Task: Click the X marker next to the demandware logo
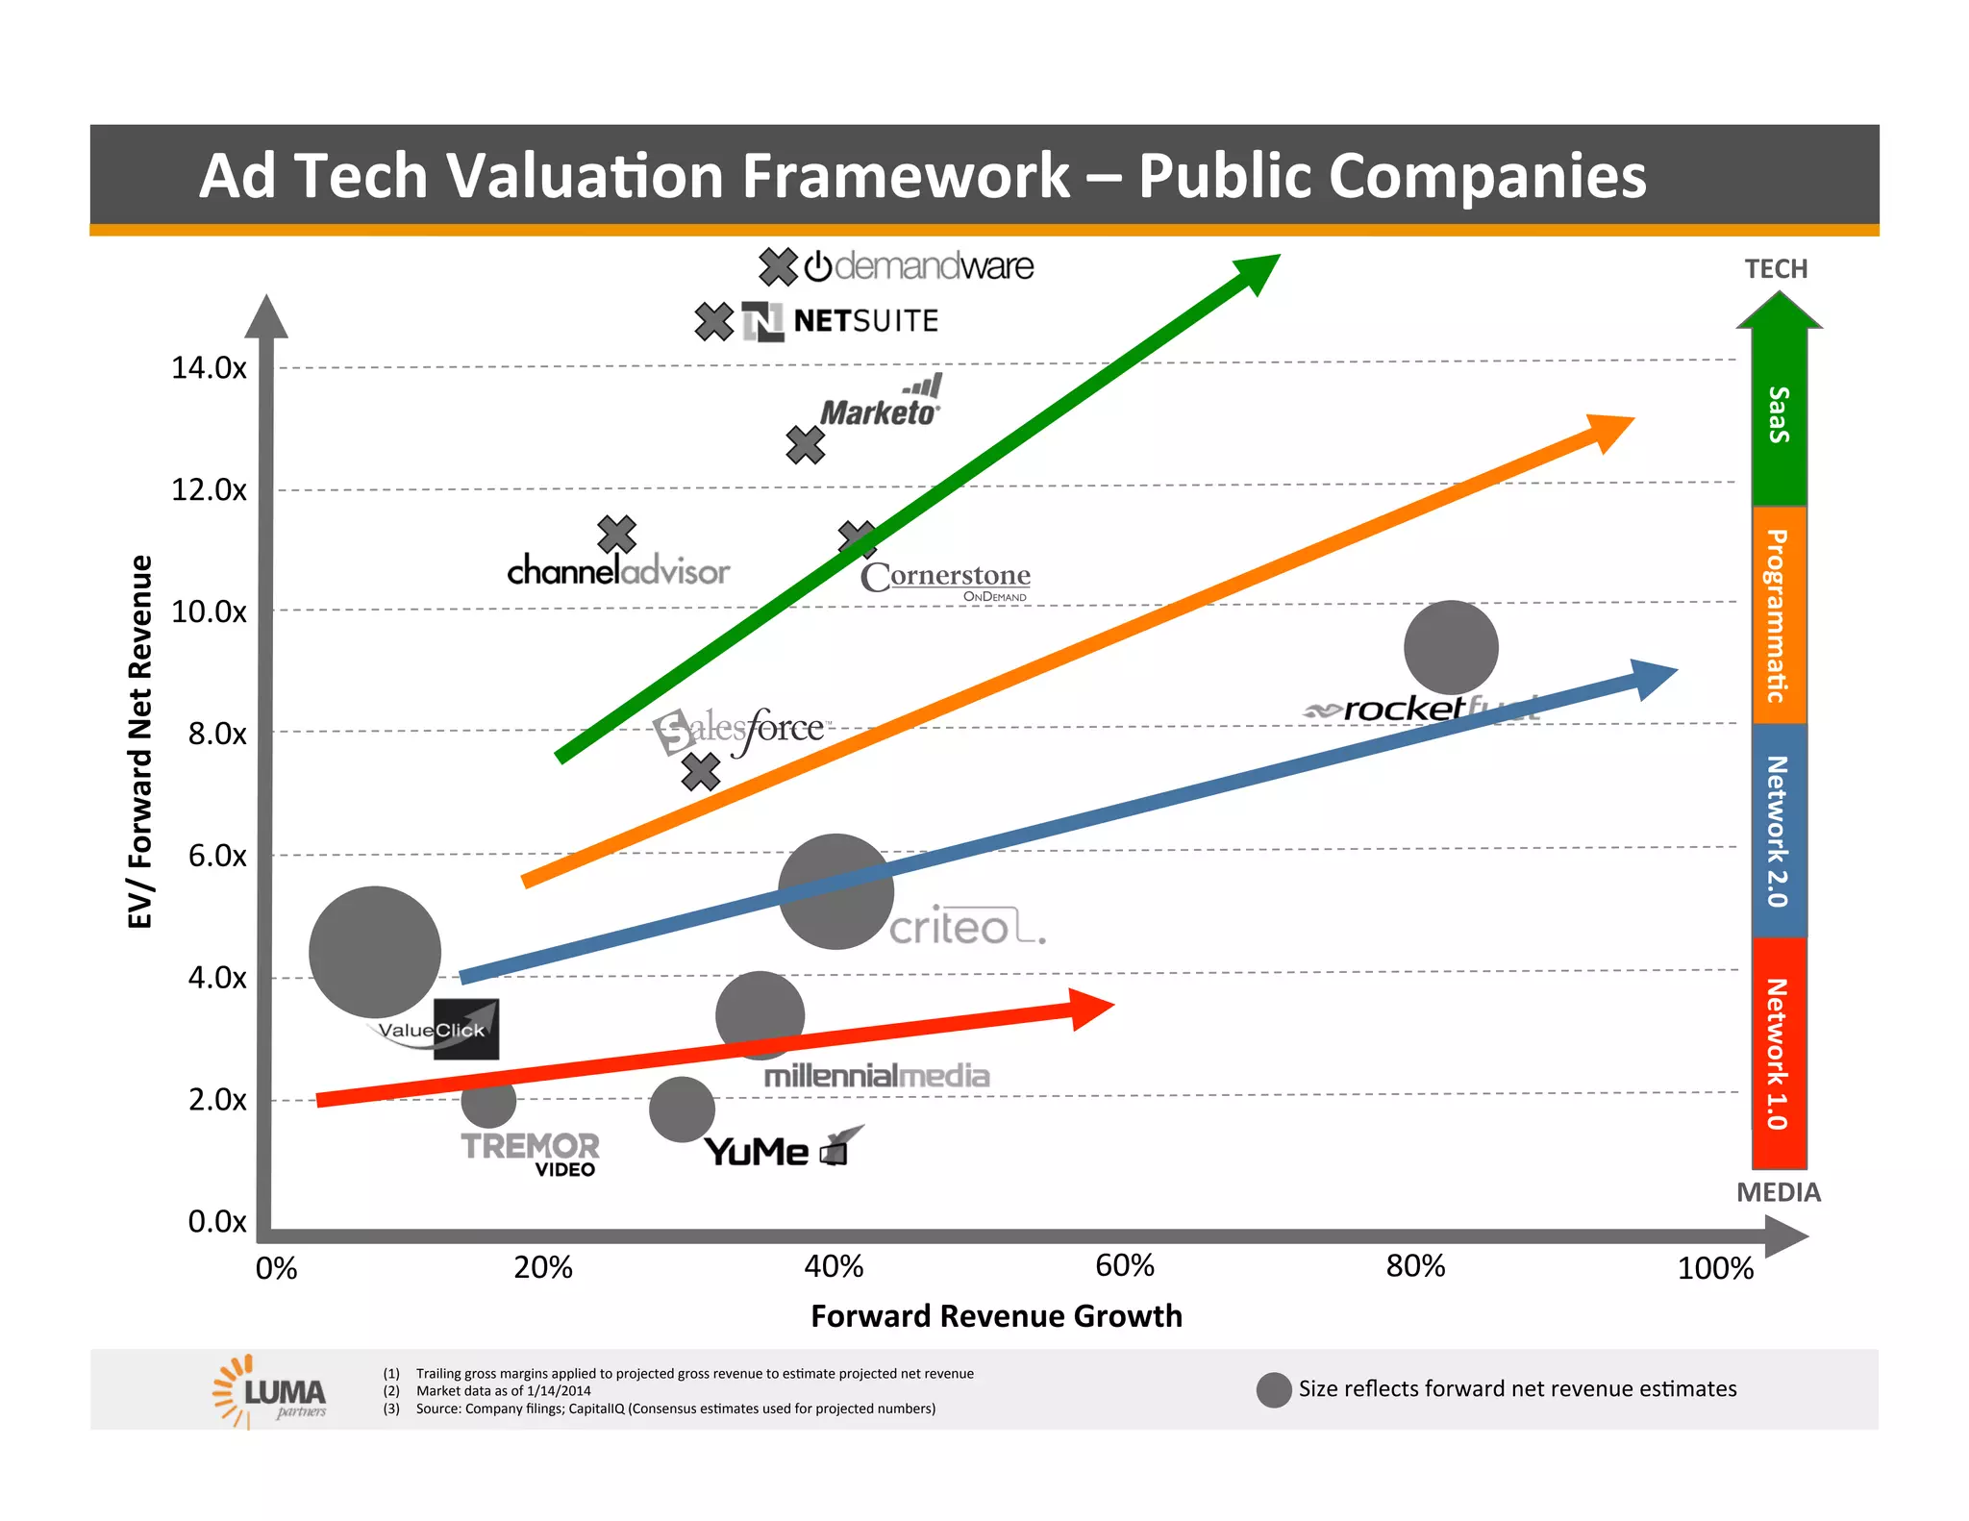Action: [x=778, y=266]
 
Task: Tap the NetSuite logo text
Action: [x=864, y=321]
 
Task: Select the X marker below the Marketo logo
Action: [x=805, y=445]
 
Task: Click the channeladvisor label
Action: [x=618, y=572]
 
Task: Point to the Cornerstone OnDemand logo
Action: [x=946, y=579]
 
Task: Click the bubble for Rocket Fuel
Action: [x=1450, y=647]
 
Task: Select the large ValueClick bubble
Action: [x=374, y=952]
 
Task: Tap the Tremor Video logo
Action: [x=530, y=1153]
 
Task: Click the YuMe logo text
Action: [x=757, y=1152]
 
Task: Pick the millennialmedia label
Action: [x=876, y=1076]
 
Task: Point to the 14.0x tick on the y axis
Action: [x=209, y=367]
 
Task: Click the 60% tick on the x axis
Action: [x=1124, y=1266]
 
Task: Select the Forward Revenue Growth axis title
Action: [x=996, y=1316]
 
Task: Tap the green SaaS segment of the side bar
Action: [x=1779, y=414]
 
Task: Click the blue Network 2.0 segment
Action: [x=1779, y=831]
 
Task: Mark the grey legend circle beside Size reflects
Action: [x=1273, y=1389]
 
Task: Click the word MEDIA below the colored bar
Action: [x=1778, y=1192]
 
